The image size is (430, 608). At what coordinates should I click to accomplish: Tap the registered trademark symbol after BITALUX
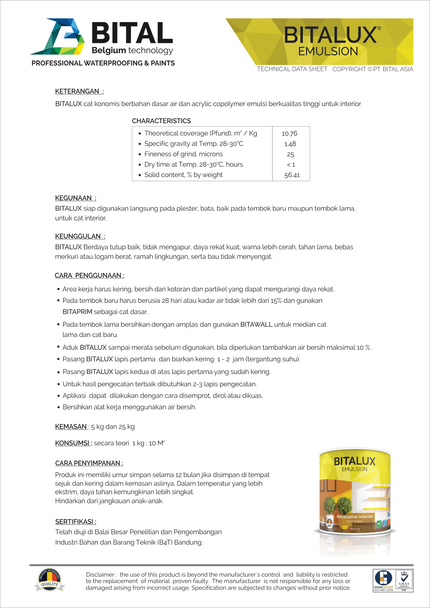click(379, 28)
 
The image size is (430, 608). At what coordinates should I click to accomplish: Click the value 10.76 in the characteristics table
click(289, 134)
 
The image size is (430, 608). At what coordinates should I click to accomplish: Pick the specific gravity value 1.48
click(290, 144)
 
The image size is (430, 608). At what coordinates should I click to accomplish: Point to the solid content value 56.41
click(292, 175)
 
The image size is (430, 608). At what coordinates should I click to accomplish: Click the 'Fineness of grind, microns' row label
click(184, 154)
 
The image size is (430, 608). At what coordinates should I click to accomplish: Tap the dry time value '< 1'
click(291, 165)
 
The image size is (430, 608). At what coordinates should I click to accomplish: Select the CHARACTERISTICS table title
click(161, 121)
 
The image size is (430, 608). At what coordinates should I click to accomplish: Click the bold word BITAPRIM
click(77, 312)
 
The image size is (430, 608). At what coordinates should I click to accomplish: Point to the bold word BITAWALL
click(256, 325)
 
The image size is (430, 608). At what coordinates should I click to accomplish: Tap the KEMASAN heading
click(71, 427)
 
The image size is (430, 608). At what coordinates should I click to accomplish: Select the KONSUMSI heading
click(72, 443)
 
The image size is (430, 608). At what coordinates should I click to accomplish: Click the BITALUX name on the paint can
click(354, 461)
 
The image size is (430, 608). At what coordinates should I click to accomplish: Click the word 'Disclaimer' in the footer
click(100, 575)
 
